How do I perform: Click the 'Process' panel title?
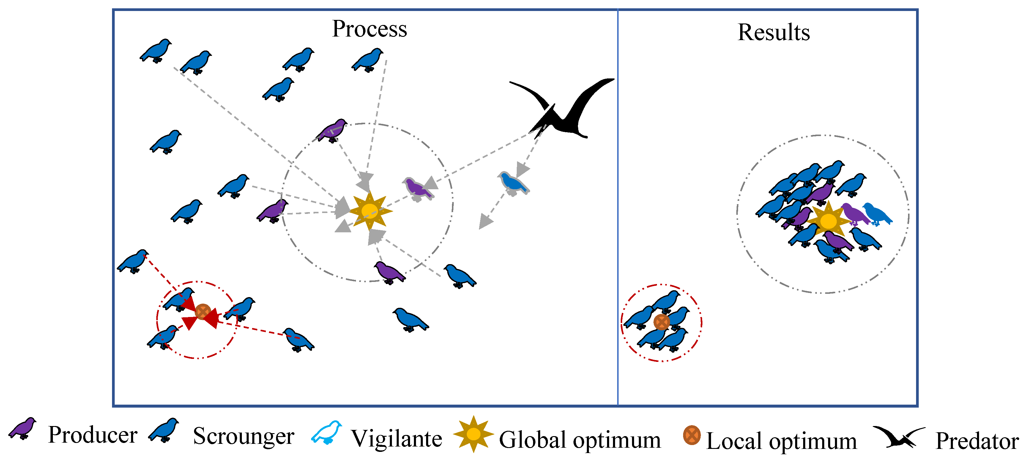coord(370,29)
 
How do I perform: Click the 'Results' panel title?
coord(773,32)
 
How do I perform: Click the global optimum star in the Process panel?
coord(370,210)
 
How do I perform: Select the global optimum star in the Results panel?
coord(828,221)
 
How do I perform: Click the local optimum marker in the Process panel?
coord(203,312)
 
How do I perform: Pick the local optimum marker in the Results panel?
coord(661,322)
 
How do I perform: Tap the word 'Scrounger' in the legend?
coord(243,437)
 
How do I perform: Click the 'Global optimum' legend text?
coord(580,440)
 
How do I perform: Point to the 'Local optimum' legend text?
coord(781,441)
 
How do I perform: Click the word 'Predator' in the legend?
coord(977,441)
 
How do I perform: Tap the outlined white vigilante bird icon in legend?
coord(327,433)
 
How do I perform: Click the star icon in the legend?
coord(473,434)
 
